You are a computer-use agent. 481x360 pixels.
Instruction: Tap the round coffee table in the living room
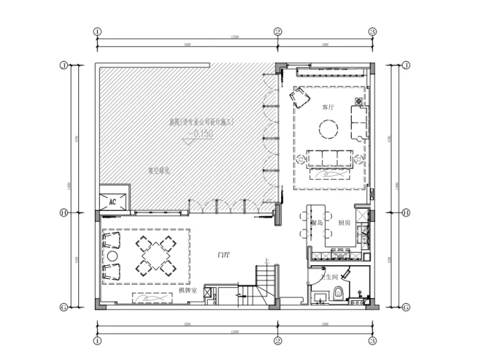pos(328,128)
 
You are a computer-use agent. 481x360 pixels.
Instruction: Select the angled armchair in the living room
pos(300,99)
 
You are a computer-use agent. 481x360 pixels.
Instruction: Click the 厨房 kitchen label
pos(345,223)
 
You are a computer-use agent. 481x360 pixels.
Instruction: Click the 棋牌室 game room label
pos(188,291)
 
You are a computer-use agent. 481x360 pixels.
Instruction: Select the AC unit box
pos(113,200)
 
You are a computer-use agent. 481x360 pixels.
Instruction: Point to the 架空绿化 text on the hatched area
pos(159,169)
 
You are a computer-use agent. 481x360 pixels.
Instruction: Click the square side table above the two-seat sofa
pos(359,102)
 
